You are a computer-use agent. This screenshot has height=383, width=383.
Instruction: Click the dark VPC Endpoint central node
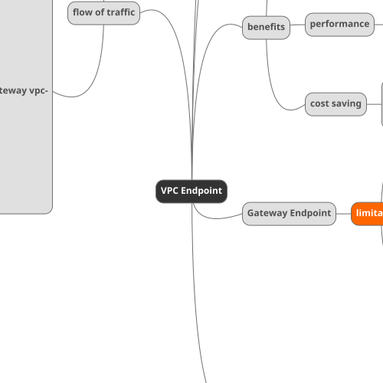pyautogui.click(x=191, y=191)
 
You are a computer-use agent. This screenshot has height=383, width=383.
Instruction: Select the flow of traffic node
pyautogui.click(x=103, y=13)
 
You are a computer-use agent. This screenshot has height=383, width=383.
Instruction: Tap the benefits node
pyautogui.click(x=266, y=28)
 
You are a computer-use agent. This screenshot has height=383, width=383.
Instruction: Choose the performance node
pyautogui.click(x=339, y=25)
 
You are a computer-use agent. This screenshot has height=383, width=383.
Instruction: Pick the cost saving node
pyautogui.click(x=336, y=104)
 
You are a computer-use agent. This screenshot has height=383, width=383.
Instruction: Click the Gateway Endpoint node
pyautogui.click(x=290, y=213)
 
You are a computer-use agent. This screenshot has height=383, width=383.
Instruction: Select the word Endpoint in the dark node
pyautogui.click(x=201, y=191)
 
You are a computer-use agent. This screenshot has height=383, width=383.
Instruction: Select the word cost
pyautogui.click(x=319, y=104)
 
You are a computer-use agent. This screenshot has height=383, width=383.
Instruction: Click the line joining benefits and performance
pyautogui.click(x=298, y=25)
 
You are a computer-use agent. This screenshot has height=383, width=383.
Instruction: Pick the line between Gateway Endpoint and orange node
pyautogui.click(x=344, y=213)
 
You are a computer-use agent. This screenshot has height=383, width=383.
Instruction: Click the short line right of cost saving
pyautogui.click(x=374, y=104)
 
